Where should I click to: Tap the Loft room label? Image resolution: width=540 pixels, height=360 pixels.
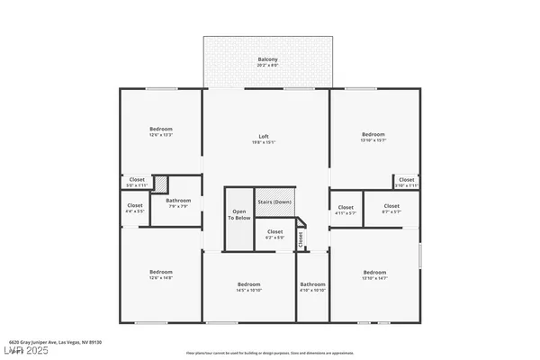(x=267, y=139)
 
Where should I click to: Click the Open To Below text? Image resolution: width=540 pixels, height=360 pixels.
(x=238, y=215)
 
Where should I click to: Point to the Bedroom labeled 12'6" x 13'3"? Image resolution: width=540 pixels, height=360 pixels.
(x=161, y=132)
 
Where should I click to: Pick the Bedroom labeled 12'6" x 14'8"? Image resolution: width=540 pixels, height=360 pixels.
(x=161, y=274)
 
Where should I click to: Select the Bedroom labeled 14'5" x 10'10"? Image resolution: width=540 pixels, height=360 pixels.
(x=248, y=286)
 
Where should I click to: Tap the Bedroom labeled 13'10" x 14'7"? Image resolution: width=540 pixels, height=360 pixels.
(x=374, y=274)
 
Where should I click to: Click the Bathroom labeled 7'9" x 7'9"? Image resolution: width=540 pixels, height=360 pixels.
(x=178, y=203)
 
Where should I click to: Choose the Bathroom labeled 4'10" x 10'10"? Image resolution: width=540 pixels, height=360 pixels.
(x=312, y=286)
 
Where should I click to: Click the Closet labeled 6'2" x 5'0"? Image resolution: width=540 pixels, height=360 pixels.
(x=274, y=235)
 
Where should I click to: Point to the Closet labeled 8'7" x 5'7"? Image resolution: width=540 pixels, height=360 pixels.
(x=391, y=209)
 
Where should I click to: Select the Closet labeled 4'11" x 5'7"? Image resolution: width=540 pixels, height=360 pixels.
(x=346, y=209)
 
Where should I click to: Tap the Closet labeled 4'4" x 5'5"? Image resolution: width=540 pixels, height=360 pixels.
(x=135, y=209)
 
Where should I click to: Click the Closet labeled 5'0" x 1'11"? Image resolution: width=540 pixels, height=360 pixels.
(x=137, y=182)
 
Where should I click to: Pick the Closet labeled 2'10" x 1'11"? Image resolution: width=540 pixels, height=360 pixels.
(x=407, y=182)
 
